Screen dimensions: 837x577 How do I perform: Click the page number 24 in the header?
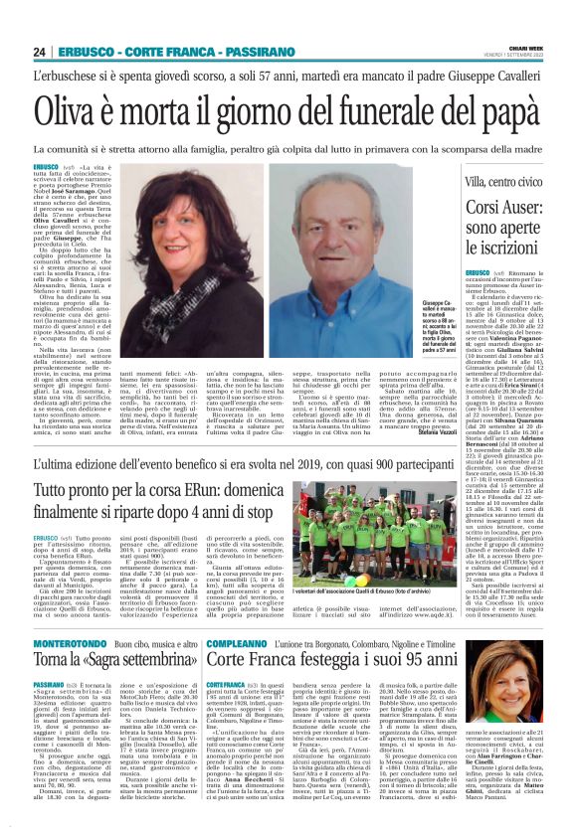[x=40, y=52]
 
